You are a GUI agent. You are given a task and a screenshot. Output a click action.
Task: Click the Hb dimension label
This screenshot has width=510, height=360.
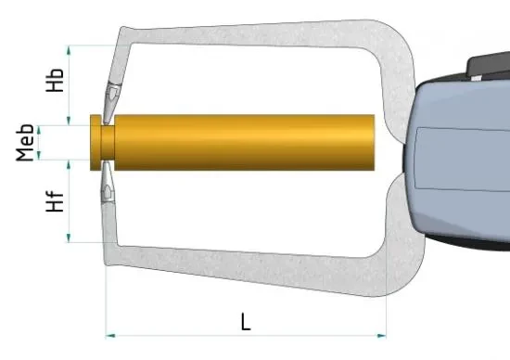coord(55,80)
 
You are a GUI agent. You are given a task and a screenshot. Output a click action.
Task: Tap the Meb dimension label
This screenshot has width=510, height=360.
coord(25,143)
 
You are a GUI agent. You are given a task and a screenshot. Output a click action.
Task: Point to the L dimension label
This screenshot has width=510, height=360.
coord(246,322)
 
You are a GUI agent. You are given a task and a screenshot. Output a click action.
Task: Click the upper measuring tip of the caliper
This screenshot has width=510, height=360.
coord(111,104)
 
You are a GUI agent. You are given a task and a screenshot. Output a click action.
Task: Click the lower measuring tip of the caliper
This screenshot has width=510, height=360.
coord(108,182)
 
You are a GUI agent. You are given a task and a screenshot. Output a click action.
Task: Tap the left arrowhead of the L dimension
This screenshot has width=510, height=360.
coord(110,336)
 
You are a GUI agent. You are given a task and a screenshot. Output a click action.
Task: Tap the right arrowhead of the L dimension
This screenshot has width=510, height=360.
coord(381,336)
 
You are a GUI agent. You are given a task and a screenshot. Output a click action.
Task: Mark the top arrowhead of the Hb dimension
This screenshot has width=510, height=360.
coord(69,50)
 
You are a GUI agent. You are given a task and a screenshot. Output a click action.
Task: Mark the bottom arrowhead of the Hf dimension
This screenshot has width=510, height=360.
coord(69,238)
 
